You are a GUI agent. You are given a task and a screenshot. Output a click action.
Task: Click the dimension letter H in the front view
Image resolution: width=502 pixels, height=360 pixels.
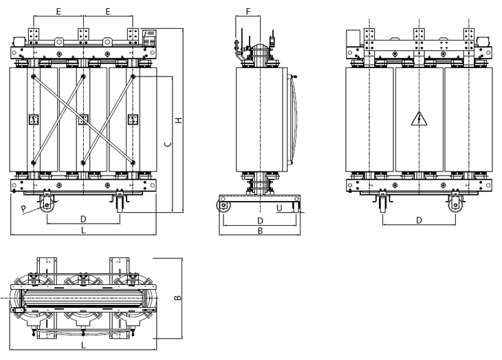click(179, 120)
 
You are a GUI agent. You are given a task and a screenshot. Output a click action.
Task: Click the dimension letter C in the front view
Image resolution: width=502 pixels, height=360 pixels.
click(168, 145)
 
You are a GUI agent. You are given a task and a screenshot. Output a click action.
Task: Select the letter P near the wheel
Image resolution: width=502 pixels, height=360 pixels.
click(23, 209)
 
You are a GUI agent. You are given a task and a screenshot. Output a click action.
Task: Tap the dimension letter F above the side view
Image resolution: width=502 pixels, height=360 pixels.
click(248, 12)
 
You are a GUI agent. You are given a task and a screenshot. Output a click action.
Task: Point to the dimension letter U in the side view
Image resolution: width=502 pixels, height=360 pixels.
click(279, 209)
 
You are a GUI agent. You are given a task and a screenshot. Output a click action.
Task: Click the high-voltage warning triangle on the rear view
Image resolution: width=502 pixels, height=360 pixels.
click(419, 118)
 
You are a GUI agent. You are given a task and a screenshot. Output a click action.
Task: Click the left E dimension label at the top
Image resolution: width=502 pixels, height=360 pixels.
click(58, 12)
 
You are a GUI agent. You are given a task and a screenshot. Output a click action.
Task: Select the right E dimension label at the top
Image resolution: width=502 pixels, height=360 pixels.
click(108, 12)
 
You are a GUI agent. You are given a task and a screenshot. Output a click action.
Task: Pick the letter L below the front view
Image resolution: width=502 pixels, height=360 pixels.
click(84, 230)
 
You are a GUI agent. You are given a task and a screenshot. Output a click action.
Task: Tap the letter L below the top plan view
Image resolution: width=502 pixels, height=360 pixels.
click(84, 346)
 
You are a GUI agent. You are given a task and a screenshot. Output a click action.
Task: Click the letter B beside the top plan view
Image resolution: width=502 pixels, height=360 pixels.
click(178, 298)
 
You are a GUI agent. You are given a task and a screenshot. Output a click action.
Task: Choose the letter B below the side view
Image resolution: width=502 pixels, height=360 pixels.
click(261, 231)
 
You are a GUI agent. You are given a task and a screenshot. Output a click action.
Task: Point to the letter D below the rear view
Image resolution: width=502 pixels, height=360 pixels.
click(419, 220)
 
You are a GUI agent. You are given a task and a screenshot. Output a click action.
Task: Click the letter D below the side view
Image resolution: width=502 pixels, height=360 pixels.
click(261, 220)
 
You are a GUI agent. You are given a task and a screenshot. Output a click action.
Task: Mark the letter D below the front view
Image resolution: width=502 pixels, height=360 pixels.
click(83, 220)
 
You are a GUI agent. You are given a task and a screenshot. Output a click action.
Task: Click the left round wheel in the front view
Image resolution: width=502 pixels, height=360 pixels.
click(47, 204)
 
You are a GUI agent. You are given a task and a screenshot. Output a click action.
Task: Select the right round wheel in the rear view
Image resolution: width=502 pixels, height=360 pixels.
click(455, 204)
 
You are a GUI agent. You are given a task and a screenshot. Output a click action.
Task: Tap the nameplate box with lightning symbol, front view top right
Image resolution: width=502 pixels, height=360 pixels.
click(150, 37)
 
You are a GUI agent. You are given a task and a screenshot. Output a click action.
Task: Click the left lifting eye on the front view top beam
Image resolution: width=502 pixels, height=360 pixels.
click(58, 42)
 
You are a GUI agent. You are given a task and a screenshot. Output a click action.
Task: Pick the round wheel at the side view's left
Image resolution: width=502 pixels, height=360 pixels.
click(223, 205)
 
